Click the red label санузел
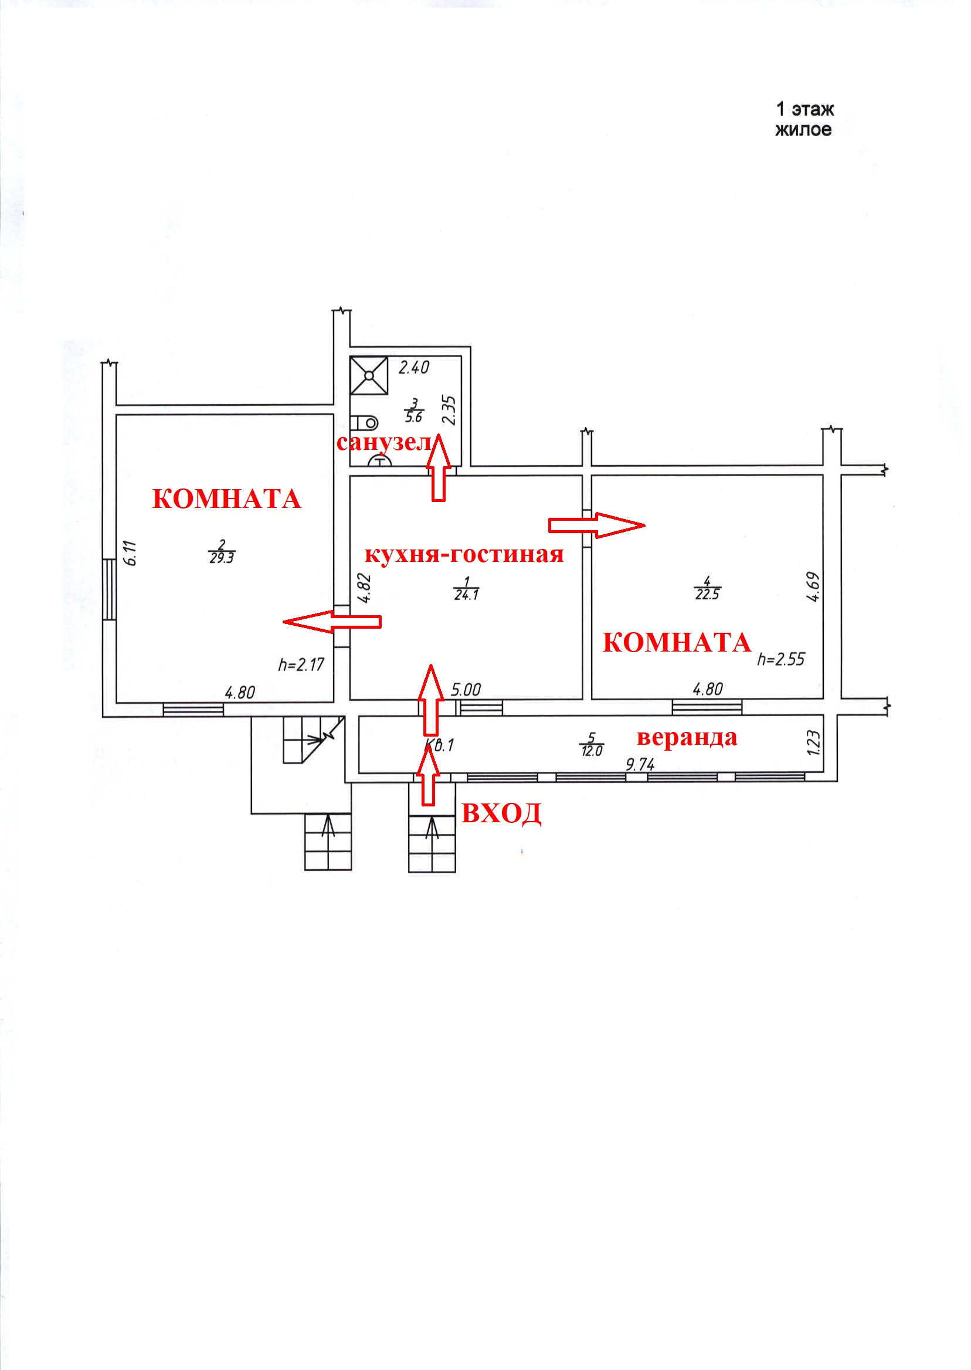click(384, 443)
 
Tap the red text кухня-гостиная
click(464, 554)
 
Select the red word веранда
click(687, 737)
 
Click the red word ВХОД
click(502, 813)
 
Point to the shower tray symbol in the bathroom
click(369, 375)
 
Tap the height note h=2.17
click(301, 664)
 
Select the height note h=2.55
click(781, 659)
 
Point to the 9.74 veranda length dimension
click(640, 764)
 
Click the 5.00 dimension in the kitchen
click(466, 690)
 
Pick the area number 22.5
click(707, 595)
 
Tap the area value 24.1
click(466, 595)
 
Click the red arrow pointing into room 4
click(596, 525)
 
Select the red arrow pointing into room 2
click(331, 622)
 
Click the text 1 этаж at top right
click(804, 110)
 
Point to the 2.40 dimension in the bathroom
click(414, 367)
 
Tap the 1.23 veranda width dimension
click(814, 742)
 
